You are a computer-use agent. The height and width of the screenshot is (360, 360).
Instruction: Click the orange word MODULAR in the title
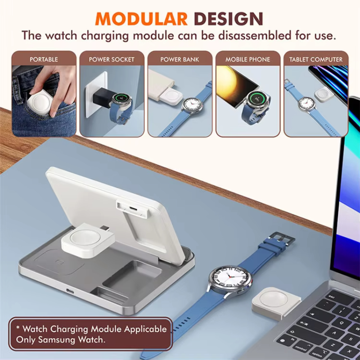(x=141, y=18)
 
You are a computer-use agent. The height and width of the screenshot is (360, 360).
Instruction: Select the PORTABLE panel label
(x=44, y=59)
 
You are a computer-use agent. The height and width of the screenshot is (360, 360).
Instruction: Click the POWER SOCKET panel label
(x=112, y=59)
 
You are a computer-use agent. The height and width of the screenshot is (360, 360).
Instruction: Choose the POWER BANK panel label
(x=180, y=59)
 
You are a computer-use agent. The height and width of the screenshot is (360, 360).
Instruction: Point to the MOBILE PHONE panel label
(x=248, y=59)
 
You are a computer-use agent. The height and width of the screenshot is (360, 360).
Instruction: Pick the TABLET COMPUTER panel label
(x=316, y=59)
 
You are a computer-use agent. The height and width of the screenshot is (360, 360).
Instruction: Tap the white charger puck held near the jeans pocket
(x=40, y=101)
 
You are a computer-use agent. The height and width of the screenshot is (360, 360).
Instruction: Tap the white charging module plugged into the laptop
(x=276, y=303)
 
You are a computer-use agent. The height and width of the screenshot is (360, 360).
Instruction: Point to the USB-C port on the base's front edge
(x=70, y=291)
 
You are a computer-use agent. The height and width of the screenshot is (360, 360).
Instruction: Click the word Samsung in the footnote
(x=57, y=339)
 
